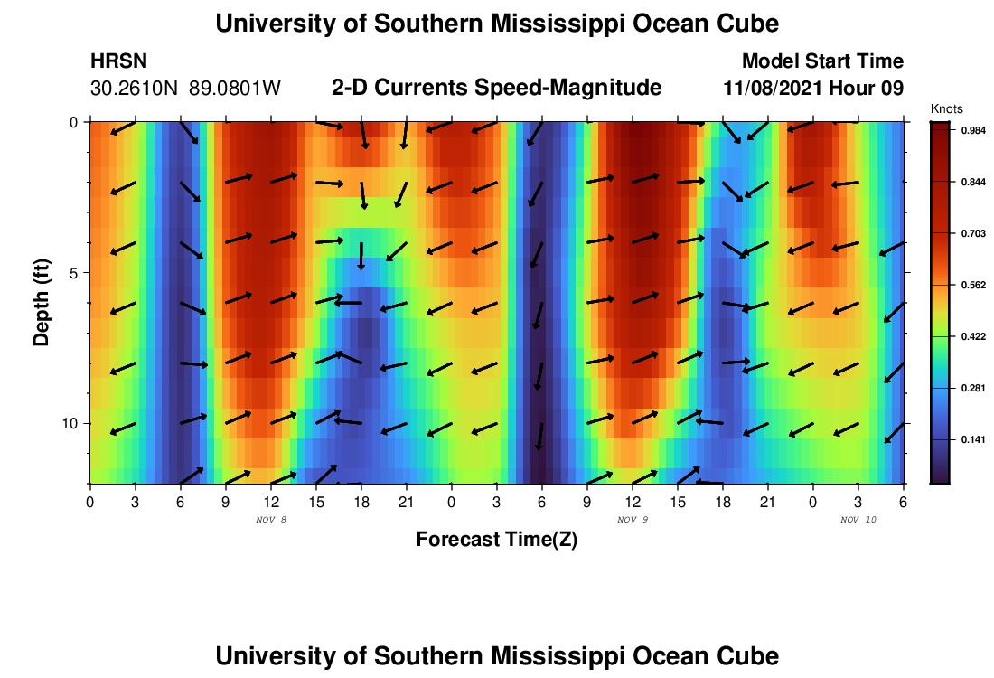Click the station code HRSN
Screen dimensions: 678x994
click(119, 61)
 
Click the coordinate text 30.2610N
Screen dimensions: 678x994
click(136, 89)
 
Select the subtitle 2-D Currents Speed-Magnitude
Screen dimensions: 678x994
click(497, 88)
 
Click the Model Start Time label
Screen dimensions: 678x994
click(821, 61)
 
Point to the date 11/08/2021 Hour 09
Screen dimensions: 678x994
click(813, 89)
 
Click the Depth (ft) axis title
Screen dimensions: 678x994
click(41, 302)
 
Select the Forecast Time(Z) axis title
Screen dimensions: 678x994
click(496, 540)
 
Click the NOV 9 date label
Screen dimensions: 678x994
click(633, 520)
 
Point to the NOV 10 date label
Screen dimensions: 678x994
click(858, 520)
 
